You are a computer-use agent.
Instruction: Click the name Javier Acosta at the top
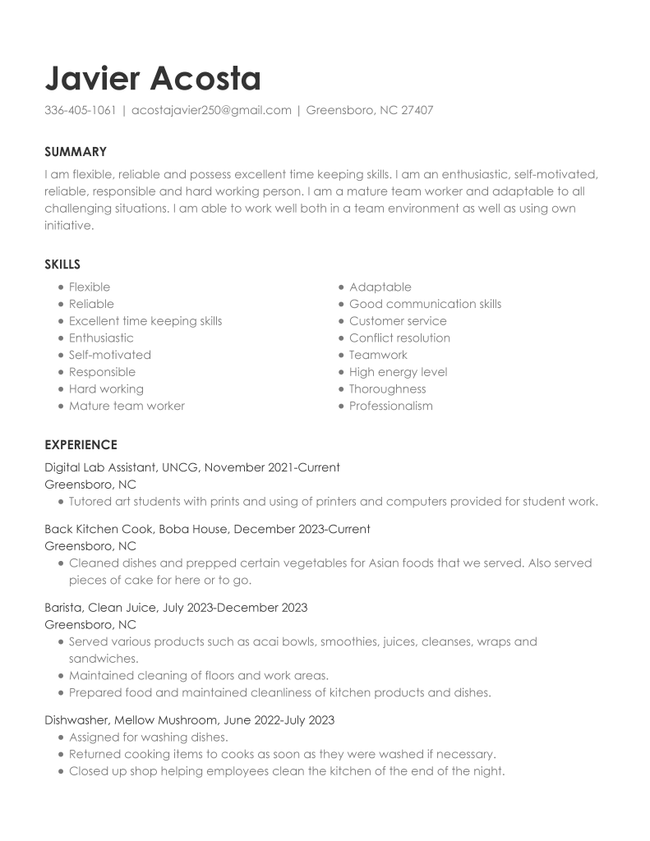pyautogui.click(x=153, y=79)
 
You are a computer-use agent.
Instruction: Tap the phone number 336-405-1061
pyautogui.click(x=80, y=110)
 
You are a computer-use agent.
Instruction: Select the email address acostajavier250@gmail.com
pyautogui.click(x=211, y=110)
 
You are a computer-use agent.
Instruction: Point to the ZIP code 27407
pyautogui.click(x=417, y=110)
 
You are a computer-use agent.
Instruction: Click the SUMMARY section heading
pyautogui.click(x=76, y=152)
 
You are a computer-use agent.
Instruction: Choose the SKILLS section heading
pyautogui.click(x=62, y=264)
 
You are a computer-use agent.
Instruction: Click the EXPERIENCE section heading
pyautogui.click(x=81, y=445)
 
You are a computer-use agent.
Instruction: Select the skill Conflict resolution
pyautogui.click(x=399, y=338)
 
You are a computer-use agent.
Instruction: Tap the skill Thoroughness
pyautogui.click(x=387, y=388)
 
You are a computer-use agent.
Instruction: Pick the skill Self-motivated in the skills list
pyautogui.click(x=110, y=355)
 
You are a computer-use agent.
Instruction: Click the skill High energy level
pyautogui.click(x=398, y=372)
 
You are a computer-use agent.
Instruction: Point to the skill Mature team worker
pyautogui.click(x=127, y=406)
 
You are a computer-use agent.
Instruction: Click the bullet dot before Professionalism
pyautogui.click(x=341, y=407)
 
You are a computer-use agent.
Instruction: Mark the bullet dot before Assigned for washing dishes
pyautogui.click(x=61, y=738)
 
